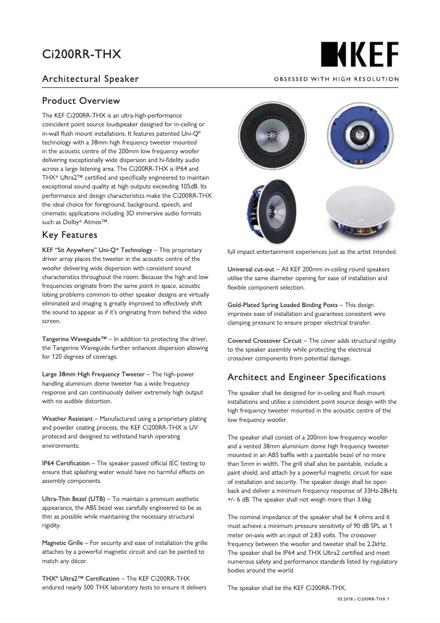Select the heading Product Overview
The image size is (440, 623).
click(81, 101)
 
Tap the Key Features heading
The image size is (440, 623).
click(70, 235)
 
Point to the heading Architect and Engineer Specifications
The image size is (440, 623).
click(306, 377)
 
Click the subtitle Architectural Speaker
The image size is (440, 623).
click(91, 79)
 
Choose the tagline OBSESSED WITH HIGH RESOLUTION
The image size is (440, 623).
click(336, 79)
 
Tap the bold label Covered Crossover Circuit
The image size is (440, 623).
click(265, 341)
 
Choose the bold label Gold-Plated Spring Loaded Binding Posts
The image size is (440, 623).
click(283, 305)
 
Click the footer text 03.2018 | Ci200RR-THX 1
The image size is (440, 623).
click(363, 599)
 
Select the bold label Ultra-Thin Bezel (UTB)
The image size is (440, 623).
click(74, 499)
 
